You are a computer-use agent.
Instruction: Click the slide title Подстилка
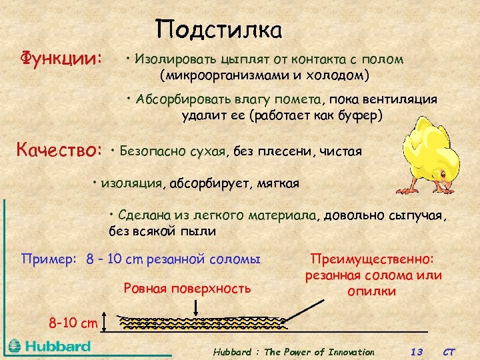[219, 29]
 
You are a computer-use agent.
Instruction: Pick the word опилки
[372, 291]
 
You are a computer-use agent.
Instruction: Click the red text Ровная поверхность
[187, 288]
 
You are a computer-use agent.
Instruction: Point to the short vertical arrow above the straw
[195, 307]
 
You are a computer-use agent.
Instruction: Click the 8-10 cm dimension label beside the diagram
[73, 323]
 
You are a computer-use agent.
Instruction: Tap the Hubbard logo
[49, 347]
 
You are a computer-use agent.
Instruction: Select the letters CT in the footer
[451, 351]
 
